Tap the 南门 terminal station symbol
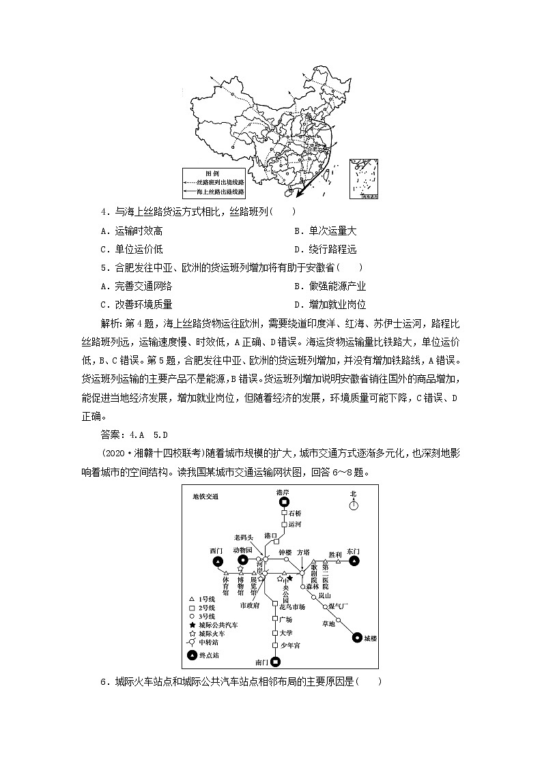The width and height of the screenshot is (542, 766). pos(275,661)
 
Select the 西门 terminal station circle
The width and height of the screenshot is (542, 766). pos(217,561)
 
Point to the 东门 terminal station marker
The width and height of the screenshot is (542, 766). pos(354,561)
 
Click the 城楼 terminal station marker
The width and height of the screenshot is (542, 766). pos(356,638)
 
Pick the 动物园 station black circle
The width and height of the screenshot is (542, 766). pos(242,560)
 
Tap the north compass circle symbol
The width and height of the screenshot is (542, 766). pos(353,505)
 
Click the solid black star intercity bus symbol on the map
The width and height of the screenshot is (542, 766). pos(289,577)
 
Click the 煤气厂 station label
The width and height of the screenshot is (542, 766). pos(338,606)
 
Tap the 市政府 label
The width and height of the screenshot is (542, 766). pos(250,604)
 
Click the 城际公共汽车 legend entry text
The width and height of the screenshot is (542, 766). pos(218,625)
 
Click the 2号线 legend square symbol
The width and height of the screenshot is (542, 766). pos(192,606)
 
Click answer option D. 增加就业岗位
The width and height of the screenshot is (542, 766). pos(330,304)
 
